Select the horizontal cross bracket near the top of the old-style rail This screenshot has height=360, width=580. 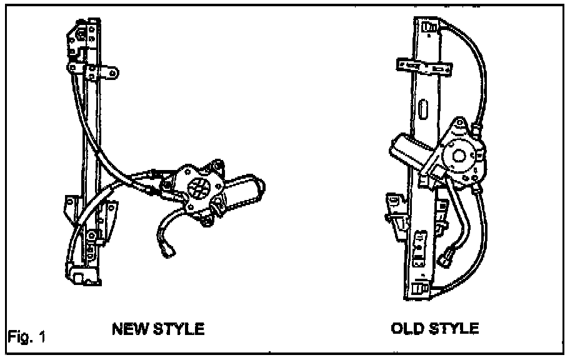coord(425,66)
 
